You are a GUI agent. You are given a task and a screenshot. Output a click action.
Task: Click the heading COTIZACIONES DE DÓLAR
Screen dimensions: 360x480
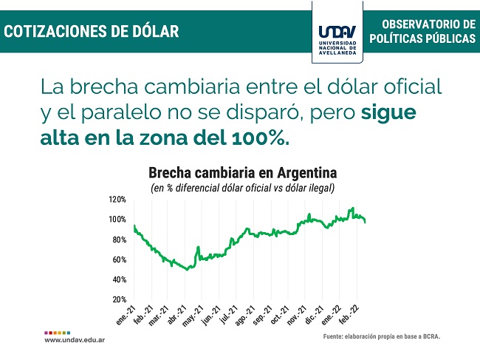point(92,31)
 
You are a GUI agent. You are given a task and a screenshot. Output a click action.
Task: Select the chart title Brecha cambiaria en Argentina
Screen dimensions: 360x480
point(242,173)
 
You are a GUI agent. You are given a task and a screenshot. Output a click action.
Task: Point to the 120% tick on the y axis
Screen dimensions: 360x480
point(117,200)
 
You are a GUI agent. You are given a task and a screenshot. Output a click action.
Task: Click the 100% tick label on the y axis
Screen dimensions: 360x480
point(117,220)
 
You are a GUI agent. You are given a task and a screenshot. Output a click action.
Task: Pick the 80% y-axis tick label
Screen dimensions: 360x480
point(118,240)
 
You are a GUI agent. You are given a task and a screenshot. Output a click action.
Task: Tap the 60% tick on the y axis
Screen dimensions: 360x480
point(118,259)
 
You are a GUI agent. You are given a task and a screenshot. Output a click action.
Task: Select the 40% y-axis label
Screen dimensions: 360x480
point(118,279)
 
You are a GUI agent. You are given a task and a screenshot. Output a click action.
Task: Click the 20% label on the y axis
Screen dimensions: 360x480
point(118,299)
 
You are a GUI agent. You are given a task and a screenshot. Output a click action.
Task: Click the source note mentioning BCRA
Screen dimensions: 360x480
point(381,337)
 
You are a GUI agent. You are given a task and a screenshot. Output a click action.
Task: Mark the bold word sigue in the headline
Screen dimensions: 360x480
point(389,114)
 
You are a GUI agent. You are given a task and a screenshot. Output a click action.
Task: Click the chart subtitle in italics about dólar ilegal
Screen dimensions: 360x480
point(242,188)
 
